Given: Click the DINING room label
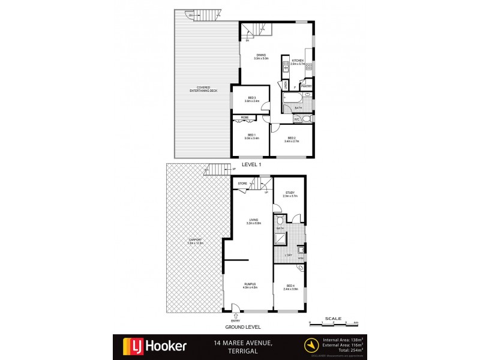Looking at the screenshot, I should coord(260,55).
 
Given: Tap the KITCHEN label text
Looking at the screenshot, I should coord(298,61).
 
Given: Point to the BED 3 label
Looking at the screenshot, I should coord(251,98).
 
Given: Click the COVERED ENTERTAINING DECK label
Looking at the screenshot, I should coord(203,90).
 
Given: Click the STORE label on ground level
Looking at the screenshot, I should coord(243,183).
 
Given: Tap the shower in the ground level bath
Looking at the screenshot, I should coord(280,239).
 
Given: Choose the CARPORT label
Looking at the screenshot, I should coord(196,242).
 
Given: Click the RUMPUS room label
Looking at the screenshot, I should coord(250,286).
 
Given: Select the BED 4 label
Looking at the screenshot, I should coord(290,286).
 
